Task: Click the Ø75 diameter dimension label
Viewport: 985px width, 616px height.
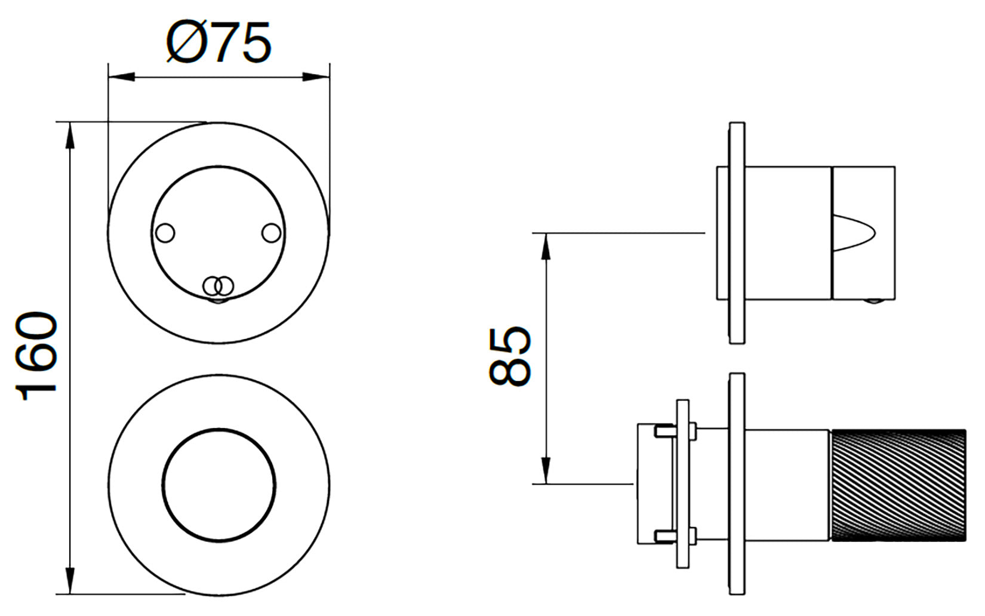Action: click(218, 42)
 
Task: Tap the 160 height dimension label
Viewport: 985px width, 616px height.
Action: click(36, 356)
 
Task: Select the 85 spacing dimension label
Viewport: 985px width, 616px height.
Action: click(510, 356)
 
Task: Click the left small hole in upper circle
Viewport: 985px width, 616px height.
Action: click(165, 233)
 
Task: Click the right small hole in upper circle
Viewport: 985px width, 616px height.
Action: click(271, 233)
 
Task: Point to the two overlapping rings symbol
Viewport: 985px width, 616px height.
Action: click(218, 287)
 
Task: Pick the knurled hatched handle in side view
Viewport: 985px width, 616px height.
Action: click(898, 491)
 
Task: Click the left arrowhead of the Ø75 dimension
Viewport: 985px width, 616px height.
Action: click(121, 78)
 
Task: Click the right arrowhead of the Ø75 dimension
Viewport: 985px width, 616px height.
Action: click(316, 78)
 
